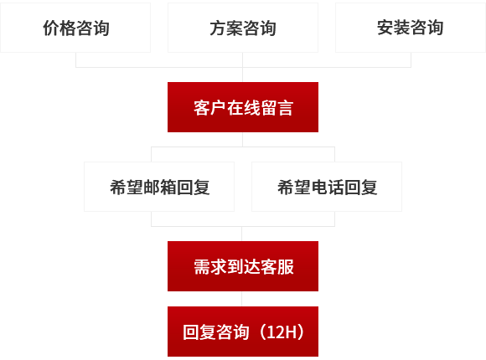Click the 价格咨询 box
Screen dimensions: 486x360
[75, 28]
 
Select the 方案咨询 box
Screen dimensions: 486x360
[243, 28]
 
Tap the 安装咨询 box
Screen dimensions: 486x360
[411, 28]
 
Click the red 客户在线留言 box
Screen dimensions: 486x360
[243, 107]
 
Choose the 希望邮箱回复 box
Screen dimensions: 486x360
[159, 187]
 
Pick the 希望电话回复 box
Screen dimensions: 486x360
[327, 187]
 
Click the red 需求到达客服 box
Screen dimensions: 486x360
[243, 266]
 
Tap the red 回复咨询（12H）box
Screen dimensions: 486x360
[243, 332]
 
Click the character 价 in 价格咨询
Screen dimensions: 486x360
[51, 28]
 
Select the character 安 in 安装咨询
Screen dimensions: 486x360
[385, 28]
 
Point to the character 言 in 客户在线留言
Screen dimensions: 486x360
[285, 108]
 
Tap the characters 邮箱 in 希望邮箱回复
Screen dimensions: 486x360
[159, 188]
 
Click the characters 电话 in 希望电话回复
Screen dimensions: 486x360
[327, 188]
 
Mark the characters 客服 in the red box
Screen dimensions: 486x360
[277, 267]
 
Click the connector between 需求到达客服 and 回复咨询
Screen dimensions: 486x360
[242, 299]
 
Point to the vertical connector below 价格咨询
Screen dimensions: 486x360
[76, 59]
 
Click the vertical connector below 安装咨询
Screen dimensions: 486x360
[411, 59]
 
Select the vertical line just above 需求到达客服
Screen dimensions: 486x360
[242, 234]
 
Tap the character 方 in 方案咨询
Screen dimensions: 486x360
[218, 28]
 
